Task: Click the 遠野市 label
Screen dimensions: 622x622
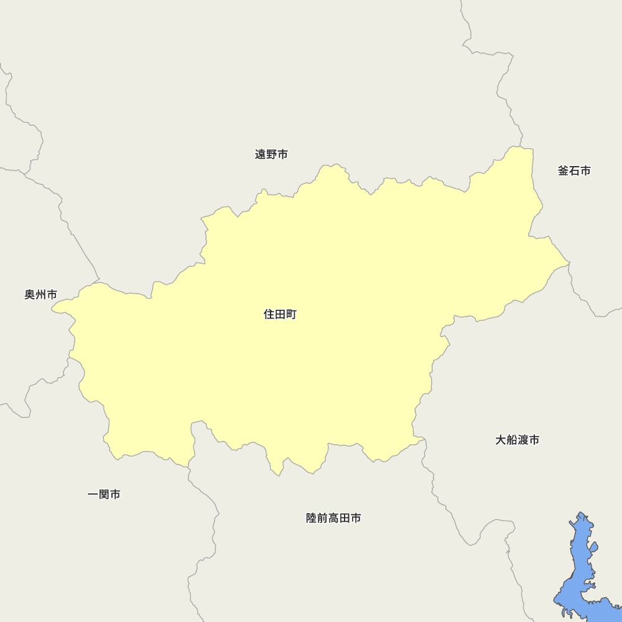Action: tap(271, 154)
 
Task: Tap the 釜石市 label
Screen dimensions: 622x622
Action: tap(574, 170)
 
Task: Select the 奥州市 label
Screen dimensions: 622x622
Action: tap(40, 294)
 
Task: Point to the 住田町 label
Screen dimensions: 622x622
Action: tap(280, 315)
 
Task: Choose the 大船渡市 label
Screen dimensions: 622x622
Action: tap(517, 440)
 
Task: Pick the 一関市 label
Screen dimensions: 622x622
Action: tap(104, 494)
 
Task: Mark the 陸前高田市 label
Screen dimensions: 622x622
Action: tap(333, 518)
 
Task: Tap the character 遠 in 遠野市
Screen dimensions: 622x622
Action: tap(261, 154)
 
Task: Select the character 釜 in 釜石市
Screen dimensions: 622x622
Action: tap(564, 170)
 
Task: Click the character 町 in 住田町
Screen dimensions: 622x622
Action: tap(291, 315)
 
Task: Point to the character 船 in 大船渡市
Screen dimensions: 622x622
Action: tap(511, 440)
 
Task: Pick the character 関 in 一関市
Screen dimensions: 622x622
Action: tap(104, 494)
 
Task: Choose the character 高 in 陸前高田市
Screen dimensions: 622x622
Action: tap(333, 518)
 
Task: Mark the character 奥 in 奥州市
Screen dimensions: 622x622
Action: tap(30, 294)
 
